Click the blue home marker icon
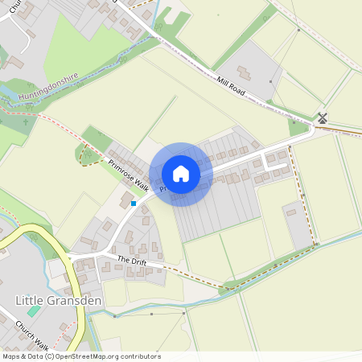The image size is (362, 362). pos(181,174)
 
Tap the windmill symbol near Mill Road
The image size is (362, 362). pos(323,117)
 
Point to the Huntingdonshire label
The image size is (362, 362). pos(47,87)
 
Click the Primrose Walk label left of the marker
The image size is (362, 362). pos(130,174)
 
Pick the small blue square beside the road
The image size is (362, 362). pos(134,204)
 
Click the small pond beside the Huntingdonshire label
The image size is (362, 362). pos(10,88)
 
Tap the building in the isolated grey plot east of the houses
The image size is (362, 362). pos(290,212)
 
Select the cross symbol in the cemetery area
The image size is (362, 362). pos(27,123)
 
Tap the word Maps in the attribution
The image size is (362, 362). pos(11,356)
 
